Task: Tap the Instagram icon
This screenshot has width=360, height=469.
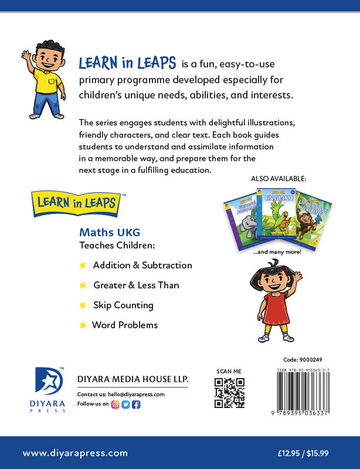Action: pyautogui.click(x=115, y=404)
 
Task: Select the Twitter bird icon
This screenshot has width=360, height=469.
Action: pyautogui.click(x=125, y=404)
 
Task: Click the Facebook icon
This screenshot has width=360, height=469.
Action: pyautogui.click(x=136, y=404)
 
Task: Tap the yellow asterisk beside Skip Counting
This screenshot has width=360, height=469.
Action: pyautogui.click(x=83, y=305)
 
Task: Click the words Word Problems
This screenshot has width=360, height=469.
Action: pyautogui.click(x=125, y=325)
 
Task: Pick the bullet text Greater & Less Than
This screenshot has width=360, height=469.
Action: pyautogui.click(x=136, y=286)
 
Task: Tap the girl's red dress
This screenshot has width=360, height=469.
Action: pyautogui.click(x=273, y=311)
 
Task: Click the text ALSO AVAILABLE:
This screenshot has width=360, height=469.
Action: pyautogui.click(x=280, y=178)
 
